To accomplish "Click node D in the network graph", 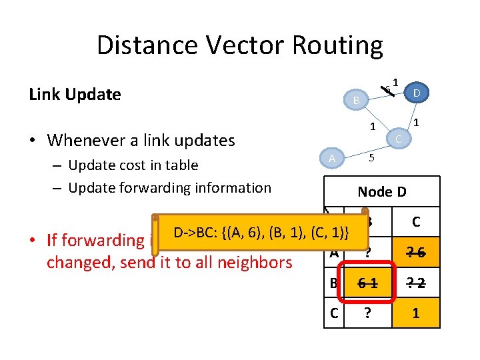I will pyautogui.click(x=416, y=93).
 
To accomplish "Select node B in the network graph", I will pyautogui.click(x=357, y=100).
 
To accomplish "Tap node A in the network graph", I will pyautogui.click(x=331, y=158).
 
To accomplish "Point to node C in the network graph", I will pyautogui.click(x=398, y=138).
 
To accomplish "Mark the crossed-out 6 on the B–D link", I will pyautogui.click(x=387, y=90).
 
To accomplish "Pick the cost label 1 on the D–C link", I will pyautogui.click(x=416, y=122).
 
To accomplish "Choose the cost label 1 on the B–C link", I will pyautogui.click(x=373, y=127).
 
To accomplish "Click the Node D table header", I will pyautogui.click(x=382, y=192).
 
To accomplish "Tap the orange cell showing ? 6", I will pyautogui.click(x=416, y=252).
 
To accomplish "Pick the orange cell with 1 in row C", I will pyautogui.click(x=416, y=313).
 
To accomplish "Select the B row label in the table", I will pyautogui.click(x=333, y=283).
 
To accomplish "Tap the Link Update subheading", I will pyautogui.click(x=75, y=95).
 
